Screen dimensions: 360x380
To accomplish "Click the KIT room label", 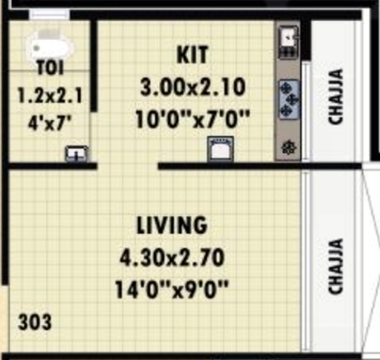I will pos(192,54).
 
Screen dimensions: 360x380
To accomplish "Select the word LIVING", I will pos(172,226).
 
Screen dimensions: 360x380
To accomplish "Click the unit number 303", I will pos(35,321).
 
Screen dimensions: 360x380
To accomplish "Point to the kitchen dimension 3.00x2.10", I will pos(192,88).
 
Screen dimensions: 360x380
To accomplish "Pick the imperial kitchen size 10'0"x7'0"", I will pos(192,118).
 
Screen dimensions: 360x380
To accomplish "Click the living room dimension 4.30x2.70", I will pos(172,257).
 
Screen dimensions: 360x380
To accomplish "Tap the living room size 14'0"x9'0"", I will pos(172,288).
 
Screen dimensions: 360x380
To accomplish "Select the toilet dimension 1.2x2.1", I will pos(49,96).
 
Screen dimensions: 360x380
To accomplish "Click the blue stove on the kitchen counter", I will pos(288,98).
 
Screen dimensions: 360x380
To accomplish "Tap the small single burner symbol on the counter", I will pos(288,147).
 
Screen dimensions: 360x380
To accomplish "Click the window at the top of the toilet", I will pos(50,14).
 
